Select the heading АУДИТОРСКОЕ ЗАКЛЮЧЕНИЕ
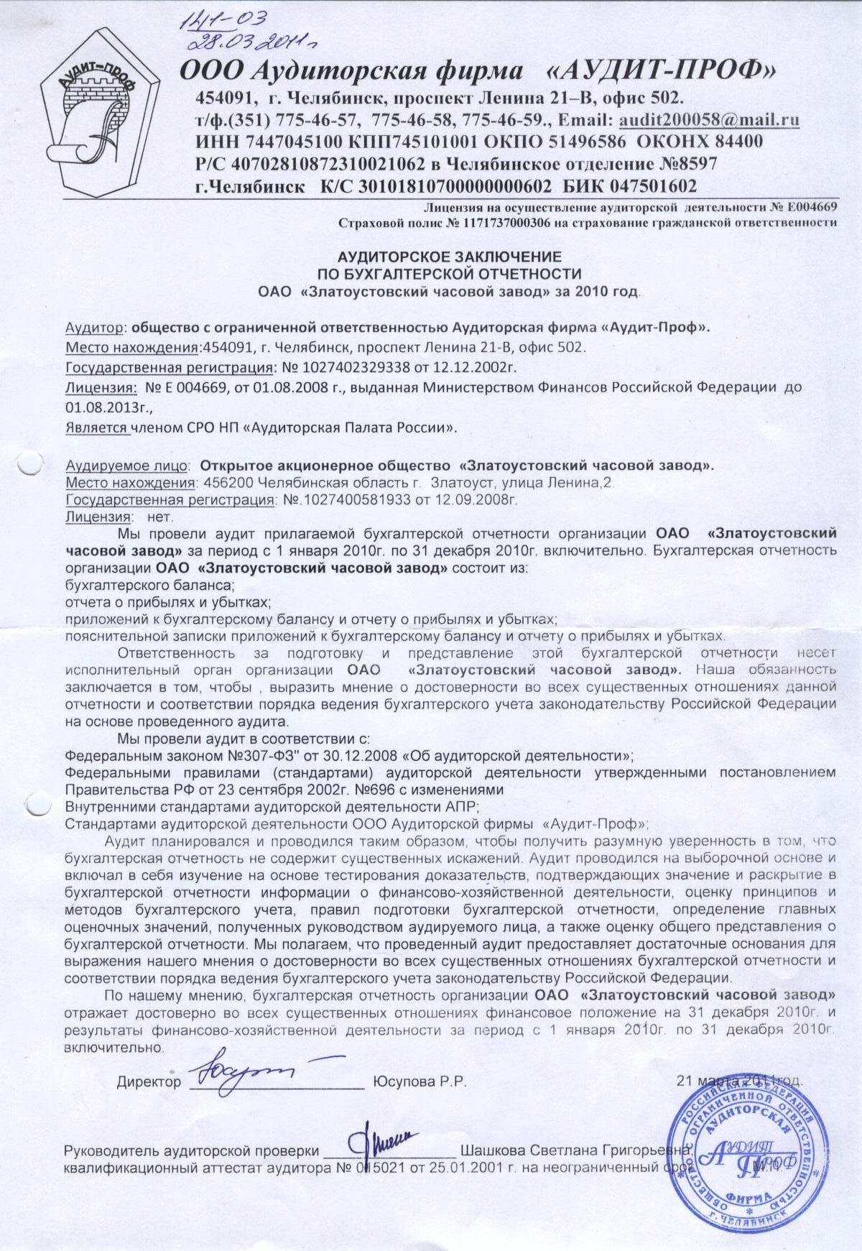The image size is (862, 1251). coord(450,256)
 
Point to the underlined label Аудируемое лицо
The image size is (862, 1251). coord(126,465)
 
